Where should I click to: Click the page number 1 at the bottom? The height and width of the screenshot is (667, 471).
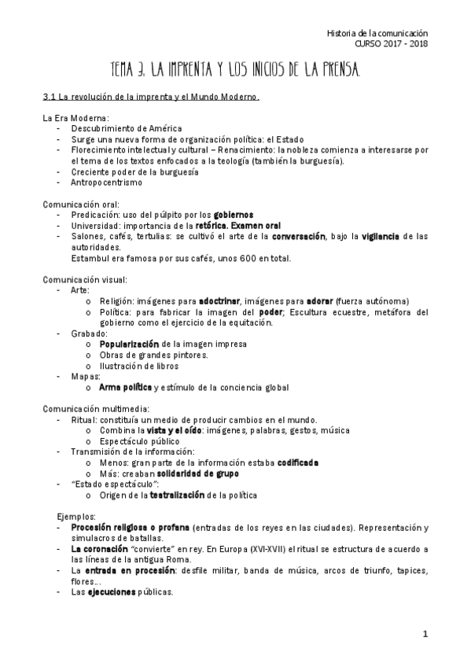click(425, 634)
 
